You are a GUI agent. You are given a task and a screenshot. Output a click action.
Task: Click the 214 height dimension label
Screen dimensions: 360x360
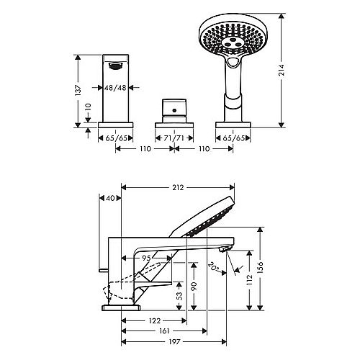click(x=282, y=70)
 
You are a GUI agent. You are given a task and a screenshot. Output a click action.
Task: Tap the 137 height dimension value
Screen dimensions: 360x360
click(x=78, y=90)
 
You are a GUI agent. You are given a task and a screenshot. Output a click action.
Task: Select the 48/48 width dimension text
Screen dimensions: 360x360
click(x=115, y=88)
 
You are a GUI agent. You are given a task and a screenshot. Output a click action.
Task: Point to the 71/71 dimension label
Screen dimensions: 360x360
click(x=174, y=138)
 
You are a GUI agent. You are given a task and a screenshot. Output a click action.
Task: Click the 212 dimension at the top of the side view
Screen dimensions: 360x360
click(x=178, y=187)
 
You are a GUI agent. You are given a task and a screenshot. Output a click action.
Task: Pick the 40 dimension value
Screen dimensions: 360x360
click(x=110, y=198)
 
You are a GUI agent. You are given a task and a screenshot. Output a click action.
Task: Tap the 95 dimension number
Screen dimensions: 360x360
click(x=146, y=258)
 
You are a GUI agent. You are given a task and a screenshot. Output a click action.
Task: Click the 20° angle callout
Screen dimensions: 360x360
click(x=214, y=267)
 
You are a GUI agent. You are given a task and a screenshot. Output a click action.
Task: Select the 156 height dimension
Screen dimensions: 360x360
click(x=260, y=267)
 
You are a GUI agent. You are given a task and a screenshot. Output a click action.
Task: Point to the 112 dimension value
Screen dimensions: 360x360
click(x=250, y=279)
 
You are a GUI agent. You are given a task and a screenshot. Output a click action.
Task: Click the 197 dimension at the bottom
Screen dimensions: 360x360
click(x=174, y=341)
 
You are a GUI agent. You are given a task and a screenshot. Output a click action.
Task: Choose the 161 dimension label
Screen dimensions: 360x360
click(x=164, y=331)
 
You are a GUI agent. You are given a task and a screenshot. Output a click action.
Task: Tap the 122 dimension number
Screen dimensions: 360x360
click(x=155, y=320)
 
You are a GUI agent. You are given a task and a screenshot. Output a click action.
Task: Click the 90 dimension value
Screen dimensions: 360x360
click(x=194, y=286)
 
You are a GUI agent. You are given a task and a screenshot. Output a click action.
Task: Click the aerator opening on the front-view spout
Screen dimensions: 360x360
click(x=116, y=66)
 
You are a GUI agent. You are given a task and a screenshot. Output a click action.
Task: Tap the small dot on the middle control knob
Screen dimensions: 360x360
click(x=174, y=111)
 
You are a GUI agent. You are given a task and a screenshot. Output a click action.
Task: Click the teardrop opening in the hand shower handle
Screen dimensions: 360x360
click(x=233, y=63)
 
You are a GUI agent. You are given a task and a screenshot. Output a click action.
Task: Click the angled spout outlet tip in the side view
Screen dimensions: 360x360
click(x=226, y=249)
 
